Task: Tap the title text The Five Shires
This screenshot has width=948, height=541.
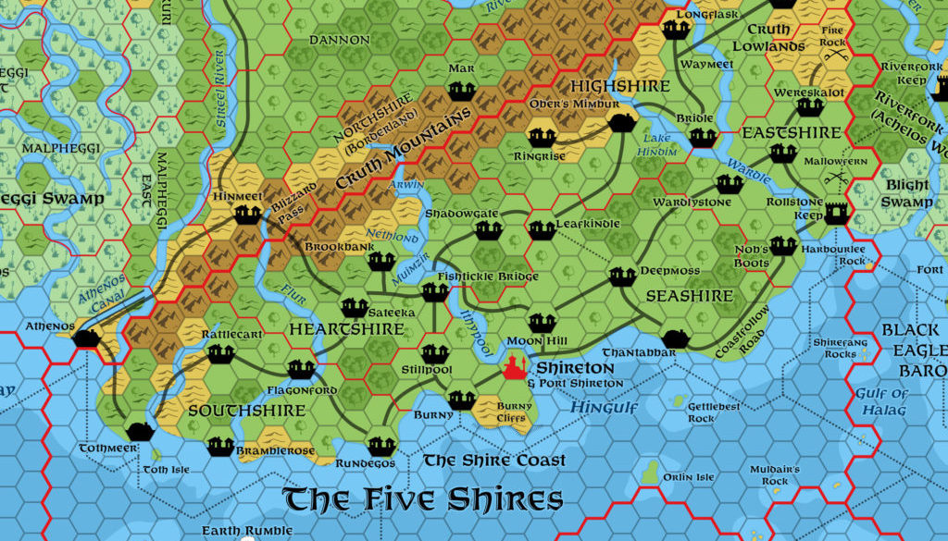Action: (x=423, y=499)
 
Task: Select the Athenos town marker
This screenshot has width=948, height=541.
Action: (x=87, y=338)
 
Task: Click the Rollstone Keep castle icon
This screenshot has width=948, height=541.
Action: (x=839, y=213)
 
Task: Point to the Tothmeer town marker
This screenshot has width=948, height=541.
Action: (x=140, y=431)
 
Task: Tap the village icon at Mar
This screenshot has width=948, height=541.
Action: (x=461, y=91)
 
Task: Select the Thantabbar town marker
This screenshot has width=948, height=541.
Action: (x=675, y=338)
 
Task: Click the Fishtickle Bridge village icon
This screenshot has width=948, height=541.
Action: (x=434, y=292)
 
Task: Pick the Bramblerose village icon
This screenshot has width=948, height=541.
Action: (x=220, y=447)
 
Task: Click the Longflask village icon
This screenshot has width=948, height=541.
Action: (x=675, y=30)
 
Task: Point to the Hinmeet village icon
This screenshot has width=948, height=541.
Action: (x=246, y=215)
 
